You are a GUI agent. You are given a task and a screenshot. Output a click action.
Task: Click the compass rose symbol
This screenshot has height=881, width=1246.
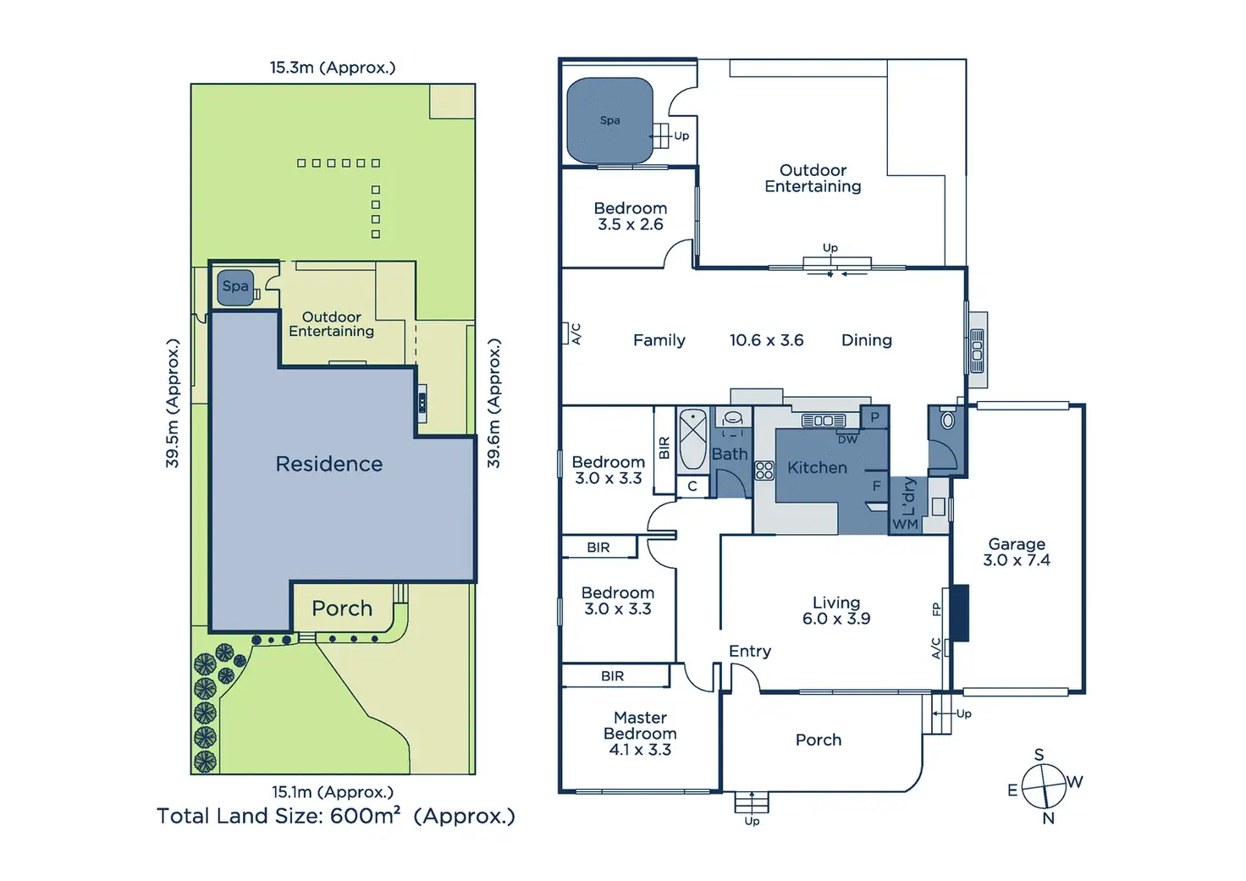[1044, 786]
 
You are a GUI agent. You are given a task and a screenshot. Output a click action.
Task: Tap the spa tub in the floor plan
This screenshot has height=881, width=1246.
[609, 120]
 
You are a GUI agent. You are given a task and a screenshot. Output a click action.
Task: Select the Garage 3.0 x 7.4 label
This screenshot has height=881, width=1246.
[1017, 552]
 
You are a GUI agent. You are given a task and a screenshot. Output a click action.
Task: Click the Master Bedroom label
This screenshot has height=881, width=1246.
[640, 733]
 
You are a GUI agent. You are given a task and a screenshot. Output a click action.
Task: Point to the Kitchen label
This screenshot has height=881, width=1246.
[817, 467]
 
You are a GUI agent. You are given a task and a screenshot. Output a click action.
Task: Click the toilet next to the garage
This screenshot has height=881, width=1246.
[948, 420]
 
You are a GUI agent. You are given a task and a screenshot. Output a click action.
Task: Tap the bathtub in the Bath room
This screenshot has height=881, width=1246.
[692, 438]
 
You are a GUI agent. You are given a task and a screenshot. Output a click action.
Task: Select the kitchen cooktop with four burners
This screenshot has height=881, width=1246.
[764, 471]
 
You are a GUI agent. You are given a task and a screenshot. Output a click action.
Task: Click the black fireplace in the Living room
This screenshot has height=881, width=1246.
[959, 612]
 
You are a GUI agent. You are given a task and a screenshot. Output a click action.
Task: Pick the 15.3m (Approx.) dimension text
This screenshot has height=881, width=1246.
[333, 68]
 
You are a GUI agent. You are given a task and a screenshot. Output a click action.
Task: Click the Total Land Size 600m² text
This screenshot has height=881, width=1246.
[335, 816]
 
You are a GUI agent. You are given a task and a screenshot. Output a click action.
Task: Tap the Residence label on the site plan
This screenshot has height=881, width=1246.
[329, 464]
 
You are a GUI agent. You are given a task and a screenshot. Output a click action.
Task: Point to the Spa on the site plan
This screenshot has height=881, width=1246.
[235, 286]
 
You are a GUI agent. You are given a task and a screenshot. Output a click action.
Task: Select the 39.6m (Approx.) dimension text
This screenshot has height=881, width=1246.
[493, 403]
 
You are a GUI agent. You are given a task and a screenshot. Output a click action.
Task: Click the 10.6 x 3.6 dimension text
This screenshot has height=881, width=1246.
[766, 340]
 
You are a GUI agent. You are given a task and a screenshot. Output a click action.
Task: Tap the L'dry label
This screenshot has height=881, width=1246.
[908, 497]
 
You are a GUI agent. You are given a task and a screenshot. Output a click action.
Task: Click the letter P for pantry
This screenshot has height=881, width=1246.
[874, 416]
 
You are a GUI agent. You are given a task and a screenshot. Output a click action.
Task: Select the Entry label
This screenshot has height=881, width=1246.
[750, 651]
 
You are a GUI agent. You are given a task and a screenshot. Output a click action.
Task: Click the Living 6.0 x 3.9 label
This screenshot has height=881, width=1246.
[836, 610]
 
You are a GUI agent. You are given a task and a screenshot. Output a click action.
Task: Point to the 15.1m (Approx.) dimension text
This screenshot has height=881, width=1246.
[333, 792]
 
